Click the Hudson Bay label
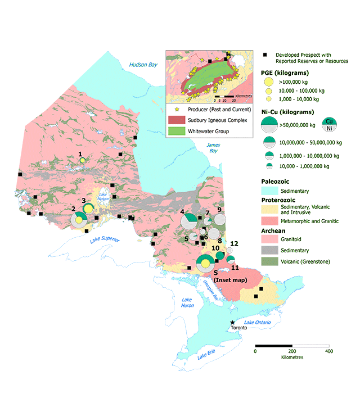click(142, 65)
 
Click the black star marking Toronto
click(232, 323)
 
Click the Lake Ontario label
click(260, 322)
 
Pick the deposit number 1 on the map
click(81, 153)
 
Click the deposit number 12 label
click(235, 243)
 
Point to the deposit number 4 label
click(182, 211)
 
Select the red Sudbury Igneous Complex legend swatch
click(177, 120)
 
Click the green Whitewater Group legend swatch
click(177, 132)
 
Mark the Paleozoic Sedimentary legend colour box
click(269, 192)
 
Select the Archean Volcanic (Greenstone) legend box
click(269, 261)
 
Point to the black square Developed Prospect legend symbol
click(264, 55)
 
